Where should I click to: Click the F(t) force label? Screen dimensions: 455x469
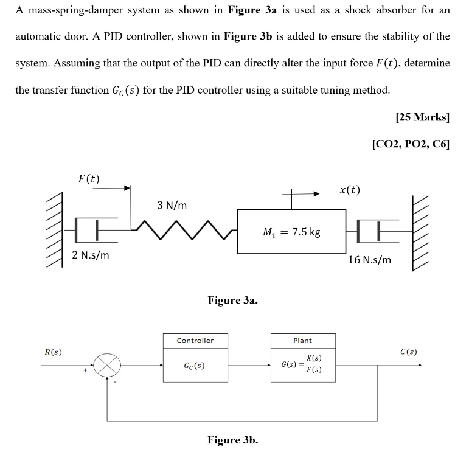(89, 179)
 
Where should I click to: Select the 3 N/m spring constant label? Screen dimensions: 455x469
(172, 205)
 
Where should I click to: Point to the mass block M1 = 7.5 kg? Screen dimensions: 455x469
(291, 232)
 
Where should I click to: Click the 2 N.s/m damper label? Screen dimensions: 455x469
(91, 255)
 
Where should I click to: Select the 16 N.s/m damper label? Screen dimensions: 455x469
(369, 260)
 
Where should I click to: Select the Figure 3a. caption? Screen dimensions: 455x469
(232, 300)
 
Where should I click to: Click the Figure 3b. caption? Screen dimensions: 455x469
(232, 440)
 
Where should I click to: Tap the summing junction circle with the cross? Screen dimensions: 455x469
(107, 366)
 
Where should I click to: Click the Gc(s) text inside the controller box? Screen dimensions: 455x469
(194, 366)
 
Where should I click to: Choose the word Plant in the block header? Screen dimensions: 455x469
(302, 341)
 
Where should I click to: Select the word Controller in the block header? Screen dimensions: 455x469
(195, 341)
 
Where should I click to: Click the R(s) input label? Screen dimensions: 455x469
(53, 352)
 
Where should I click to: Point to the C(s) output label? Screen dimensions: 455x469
(408, 352)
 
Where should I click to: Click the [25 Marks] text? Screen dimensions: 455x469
(422, 118)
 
